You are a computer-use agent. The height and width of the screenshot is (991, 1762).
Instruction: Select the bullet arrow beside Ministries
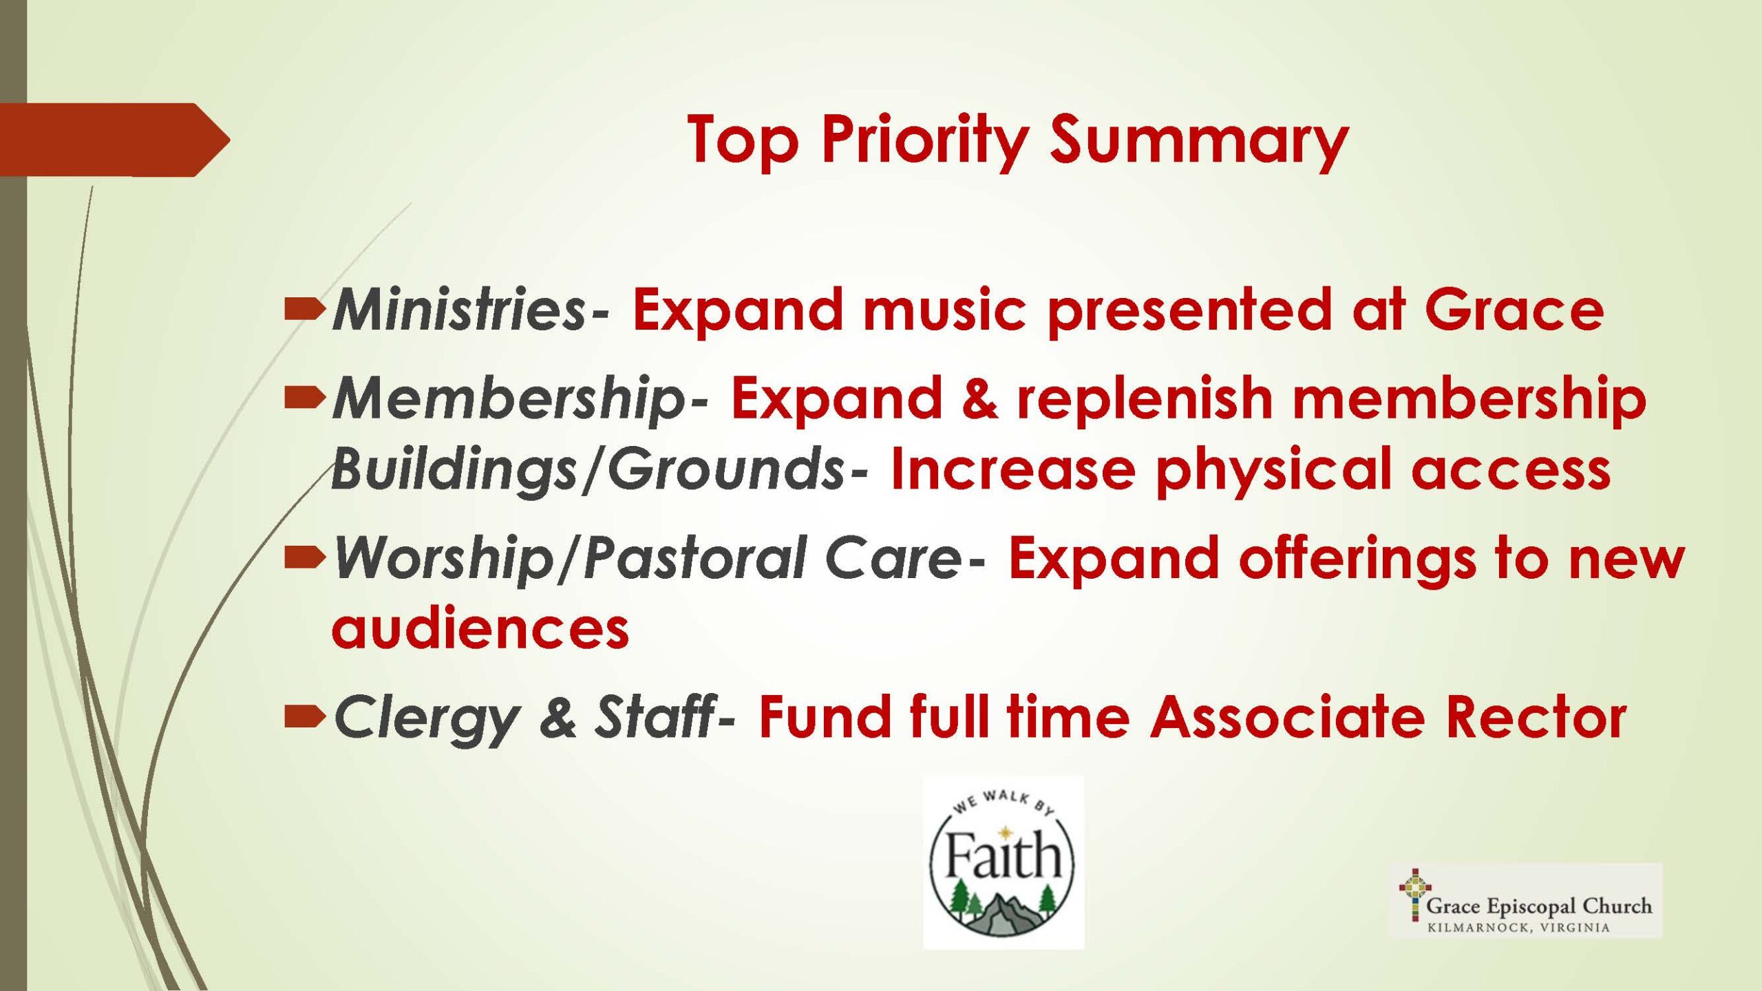pos(304,309)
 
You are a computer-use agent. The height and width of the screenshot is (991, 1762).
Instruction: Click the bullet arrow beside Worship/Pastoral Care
pos(304,560)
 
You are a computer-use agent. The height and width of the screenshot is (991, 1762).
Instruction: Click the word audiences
pos(480,628)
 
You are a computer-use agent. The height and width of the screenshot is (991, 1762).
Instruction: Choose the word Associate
pos(1287,717)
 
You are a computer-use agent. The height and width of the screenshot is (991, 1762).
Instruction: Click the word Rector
pos(1536,717)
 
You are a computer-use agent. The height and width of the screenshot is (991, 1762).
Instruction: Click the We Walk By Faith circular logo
pos(1003,864)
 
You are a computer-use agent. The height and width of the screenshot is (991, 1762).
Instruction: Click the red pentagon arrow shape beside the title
pos(114,140)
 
